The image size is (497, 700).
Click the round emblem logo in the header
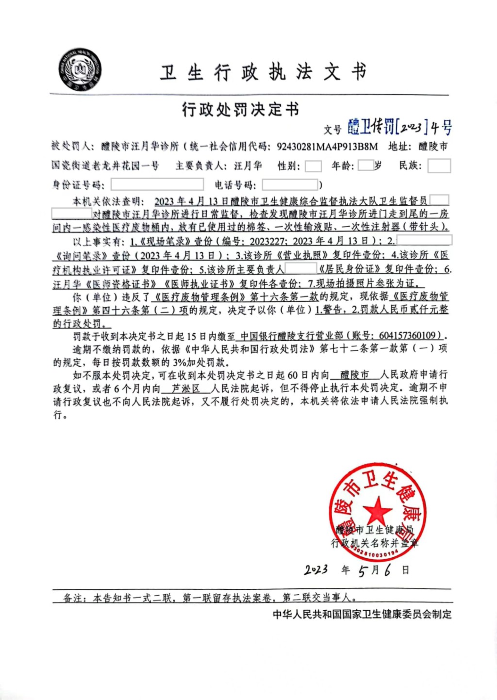pyautogui.click(x=80, y=70)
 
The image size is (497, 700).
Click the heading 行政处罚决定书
pyautogui.click(x=241, y=110)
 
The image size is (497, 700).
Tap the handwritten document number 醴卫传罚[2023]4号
pyautogui.click(x=399, y=127)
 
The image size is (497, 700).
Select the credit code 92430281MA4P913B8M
pyautogui.click(x=327, y=147)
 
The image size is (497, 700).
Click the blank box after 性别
pyautogui.click(x=313, y=166)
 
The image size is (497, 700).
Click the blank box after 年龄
pyautogui.click(x=365, y=165)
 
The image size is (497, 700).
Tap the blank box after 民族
pyautogui.click(x=439, y=165)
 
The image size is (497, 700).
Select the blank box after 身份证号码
pyautogui.click(x=157, y=184)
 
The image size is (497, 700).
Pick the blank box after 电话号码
pyautogui.click(x=290, y=184)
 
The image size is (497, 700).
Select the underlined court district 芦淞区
pyautogui.click(x=186, y=389)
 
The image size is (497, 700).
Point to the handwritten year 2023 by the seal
pyautogui.click(x=316, y=570)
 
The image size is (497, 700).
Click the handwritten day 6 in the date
pyautogui.click(x=387, y=570)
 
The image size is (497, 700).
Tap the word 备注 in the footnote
pyautogui.click(x=73, y=598)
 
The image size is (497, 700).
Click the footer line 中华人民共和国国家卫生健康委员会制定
pyautogui.click(x=362, y=614)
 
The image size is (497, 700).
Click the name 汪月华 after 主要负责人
pyautogui.click(x=248, y=166)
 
